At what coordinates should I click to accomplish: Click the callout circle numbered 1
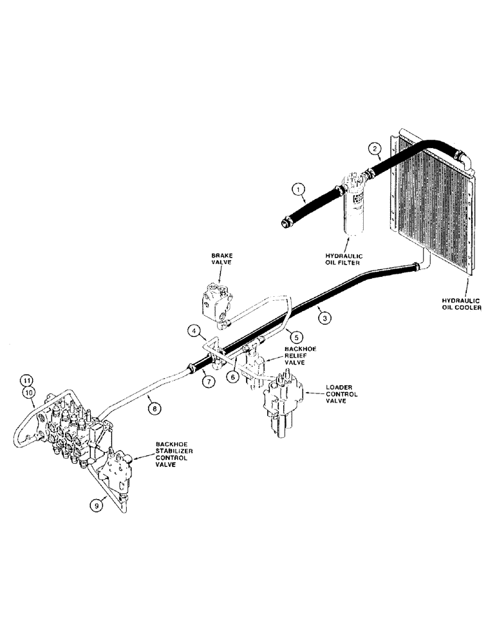tap(297, 189)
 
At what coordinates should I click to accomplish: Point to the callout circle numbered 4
tap(194, 332)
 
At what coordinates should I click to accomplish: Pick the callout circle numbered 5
tap(296, 336)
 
